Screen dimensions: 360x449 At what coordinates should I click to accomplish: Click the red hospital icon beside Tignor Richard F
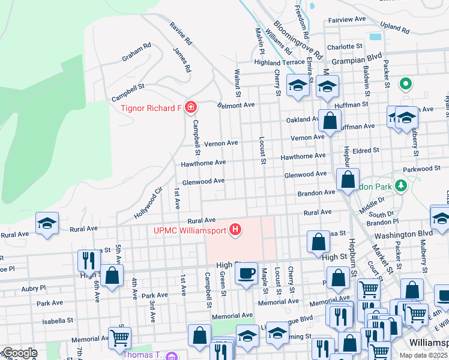[191, 107]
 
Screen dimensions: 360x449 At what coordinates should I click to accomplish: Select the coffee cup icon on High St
[246, 274]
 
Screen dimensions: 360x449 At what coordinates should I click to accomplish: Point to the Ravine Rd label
[180, 35]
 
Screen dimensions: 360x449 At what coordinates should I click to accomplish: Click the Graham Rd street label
[136, 53]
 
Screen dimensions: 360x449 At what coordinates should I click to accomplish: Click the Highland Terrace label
[279, 62]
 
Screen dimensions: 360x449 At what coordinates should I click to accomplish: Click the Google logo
[20, 353]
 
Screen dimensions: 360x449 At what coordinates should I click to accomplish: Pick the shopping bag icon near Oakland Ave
[330, 121]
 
